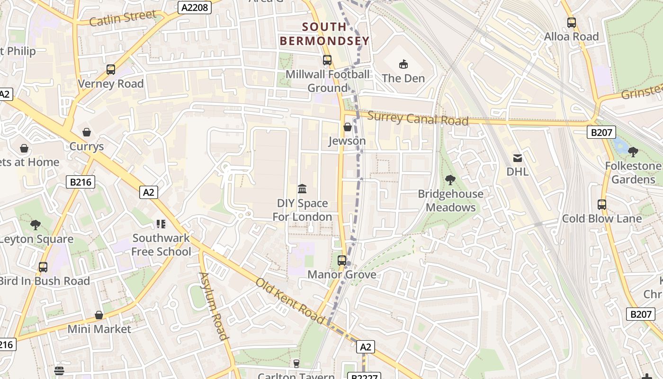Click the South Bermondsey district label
pyautogui.click(x=324, y=34)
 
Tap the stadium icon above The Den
pyautogui.click(x=403, y=63)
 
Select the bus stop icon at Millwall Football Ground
pyautogui.click(x=327, y=60)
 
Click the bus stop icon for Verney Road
pyautogui.click(x=111, y=70)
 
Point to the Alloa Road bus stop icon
pyautogui.click(x=572, y=22)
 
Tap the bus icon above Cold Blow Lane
pyautogui.click(x=601, y=205)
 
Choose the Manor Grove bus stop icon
pyautogui.click(x=342, y=260)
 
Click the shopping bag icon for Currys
pyautogui.click(x=86, y=132)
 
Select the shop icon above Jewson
pyautogui.click(x=347, y=127)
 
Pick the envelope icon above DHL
pyautogui.click(x=517, y=158)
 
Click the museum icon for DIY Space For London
pyautogui.click(x=302, y=189)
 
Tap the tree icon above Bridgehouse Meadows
pyautogui.click(x=450, y=180)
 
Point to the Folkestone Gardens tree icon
pyautogui.click(x=633, y=152)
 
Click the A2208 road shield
pyautogui.click(x=195, y=8)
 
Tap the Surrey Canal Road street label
pyautogui.click(x=418, y=118)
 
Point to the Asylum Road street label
pyautogui.click(x=214, y=306)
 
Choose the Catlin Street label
pyautogui.click(x=123, y=18)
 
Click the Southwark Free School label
pyautogui.click(x=161, y=245)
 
